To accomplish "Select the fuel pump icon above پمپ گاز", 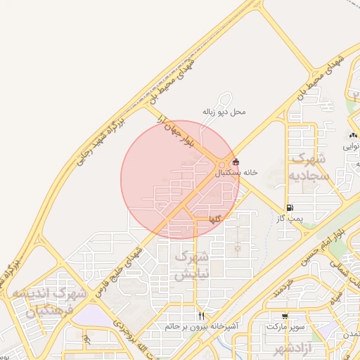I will click(x=290, y=207).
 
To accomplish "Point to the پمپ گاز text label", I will click(x=289, y=218).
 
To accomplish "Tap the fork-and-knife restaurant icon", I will click(x=202, y=316).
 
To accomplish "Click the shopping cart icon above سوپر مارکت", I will click(x=285, y=316).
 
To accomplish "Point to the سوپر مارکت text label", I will click(x=285, y=326).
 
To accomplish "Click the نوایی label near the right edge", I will click(x=350, y=147).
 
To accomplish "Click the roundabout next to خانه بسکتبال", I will click(x=222, y=165).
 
